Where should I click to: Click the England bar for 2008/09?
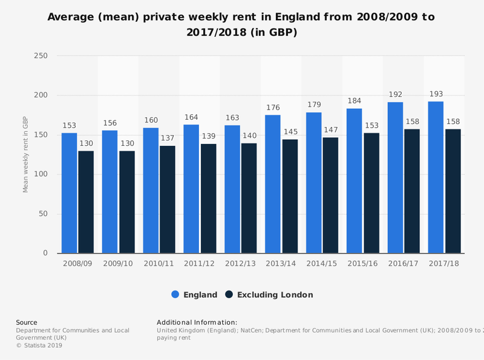pyautogui.click(x=69, y=192)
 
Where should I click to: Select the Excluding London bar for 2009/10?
pyautogui.click(x=127, y=201)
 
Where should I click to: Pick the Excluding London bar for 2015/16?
pyautogui.click(x=371, y=192)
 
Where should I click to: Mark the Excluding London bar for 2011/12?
pyautogui.click(x=209, y=198)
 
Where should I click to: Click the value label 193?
pyautogui.click(x=436, y=95)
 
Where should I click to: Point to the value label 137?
pyautogui.click(x=168, y=139)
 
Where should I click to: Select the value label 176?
pyautogui.click(x=273, y=108)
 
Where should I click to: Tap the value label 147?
pyautogui.click(x=331, y=130)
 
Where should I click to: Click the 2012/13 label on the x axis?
pyautogui.click(x=240, y=264)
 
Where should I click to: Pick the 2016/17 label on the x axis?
pyautogui.click(x=403, y=264)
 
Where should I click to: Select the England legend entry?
pyautogui.click(x=194, y=295)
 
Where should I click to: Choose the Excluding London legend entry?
pyautogui.click(x=269, y=295)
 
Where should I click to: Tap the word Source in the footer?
pyautogui.click(x=27, y=322)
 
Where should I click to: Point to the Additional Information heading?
pyautogui.click(x=197, y=322)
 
